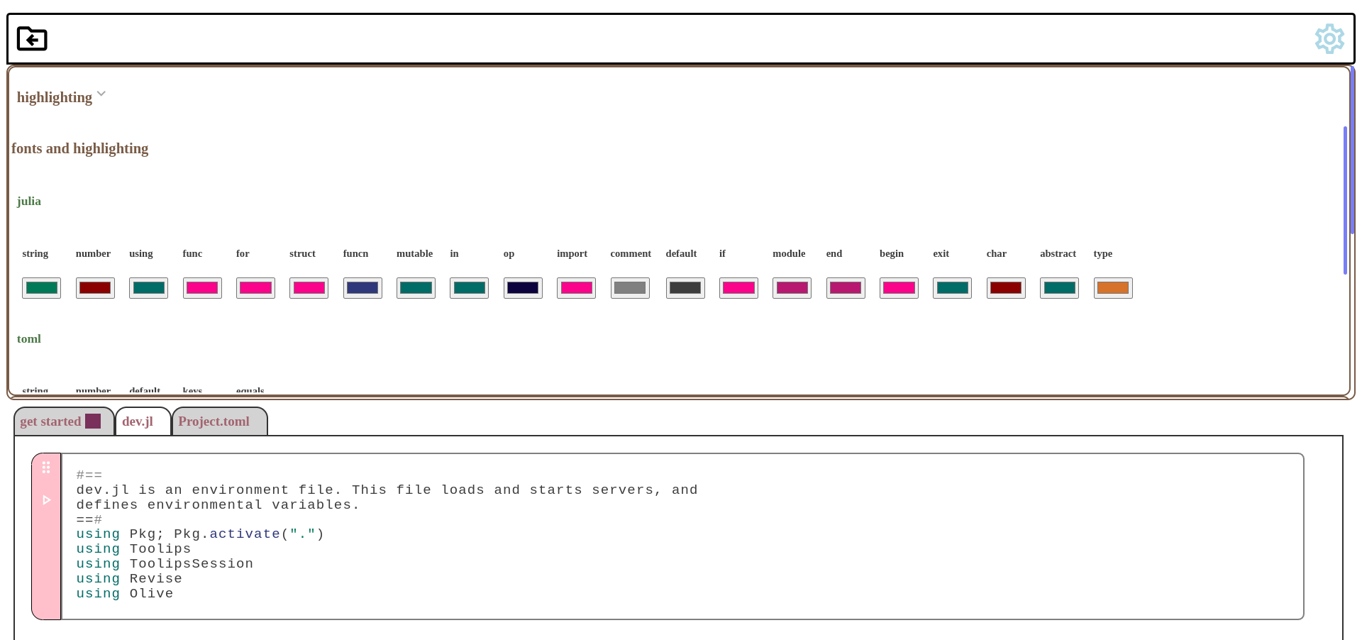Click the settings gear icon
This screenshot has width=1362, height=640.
pos(1329,39)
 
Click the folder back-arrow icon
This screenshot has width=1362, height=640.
pos(32,38)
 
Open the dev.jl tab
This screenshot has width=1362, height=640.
pos(138,421)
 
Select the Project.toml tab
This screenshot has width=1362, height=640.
pos(214,421)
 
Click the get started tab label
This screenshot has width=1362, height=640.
pos(50,421)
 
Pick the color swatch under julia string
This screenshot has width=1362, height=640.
pos(41,288)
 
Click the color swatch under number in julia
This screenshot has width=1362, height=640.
pos(95,288)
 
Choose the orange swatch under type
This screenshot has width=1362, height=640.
pos(1112,288)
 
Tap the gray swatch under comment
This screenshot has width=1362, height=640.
pos(630,288)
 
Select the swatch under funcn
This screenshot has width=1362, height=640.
pos(362,288)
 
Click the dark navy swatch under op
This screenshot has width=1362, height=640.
pos(523,288)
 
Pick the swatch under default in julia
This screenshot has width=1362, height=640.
pos(685,288)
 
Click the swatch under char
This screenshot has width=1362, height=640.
pos(1006,288)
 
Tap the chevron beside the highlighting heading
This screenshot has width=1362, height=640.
pos(101,94)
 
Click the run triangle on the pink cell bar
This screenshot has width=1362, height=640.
pos(47,500)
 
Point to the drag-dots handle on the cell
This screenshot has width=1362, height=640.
pos(46,468)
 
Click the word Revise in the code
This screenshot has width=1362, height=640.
pos(155,579)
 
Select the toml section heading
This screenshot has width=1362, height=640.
pos(29,339)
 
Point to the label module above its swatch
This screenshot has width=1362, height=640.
pos(789,254)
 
